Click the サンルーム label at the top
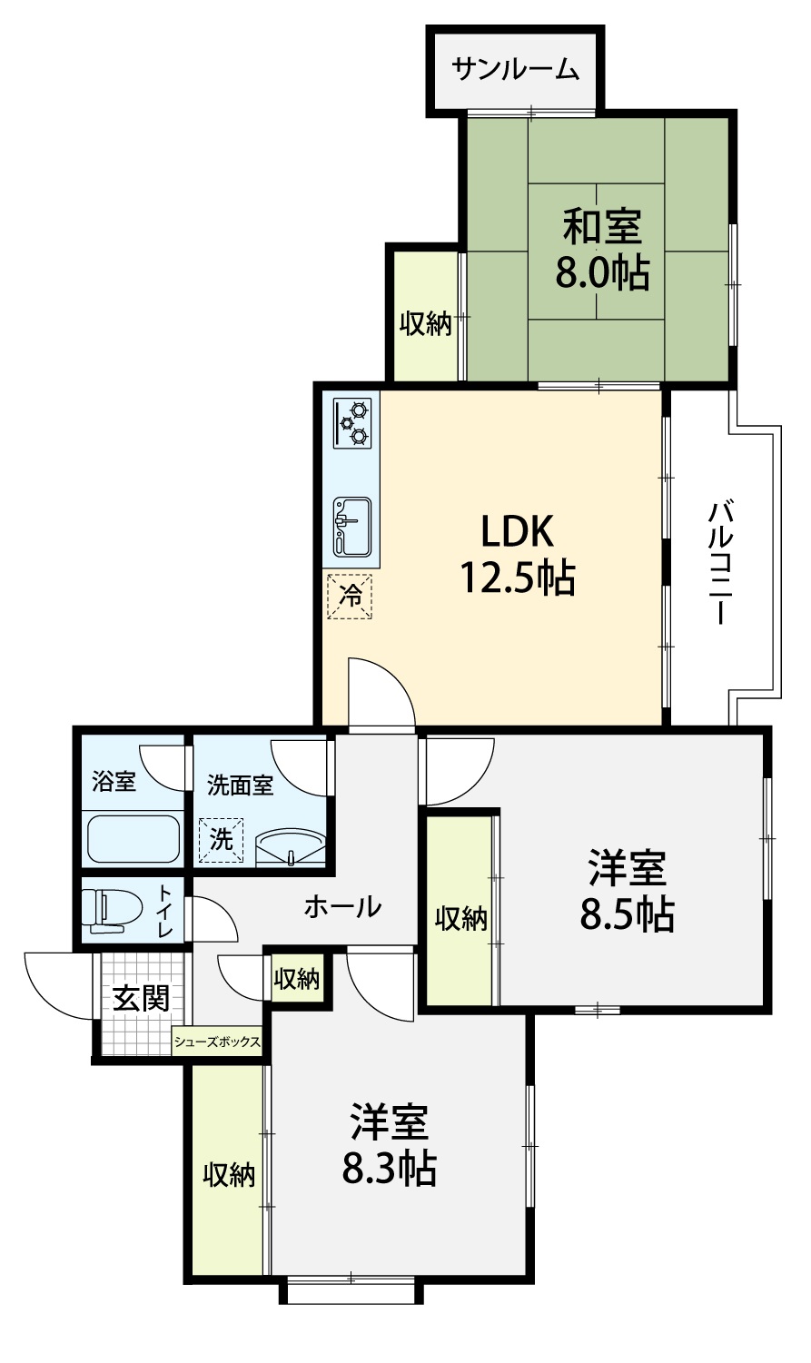click(516, 70)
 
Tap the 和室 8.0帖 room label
click(602, 249)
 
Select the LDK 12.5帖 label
click(517, 554)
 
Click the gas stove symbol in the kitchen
click(352, 423)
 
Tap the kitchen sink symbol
click(352, 527)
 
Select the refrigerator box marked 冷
click(350, 597)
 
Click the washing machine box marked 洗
click(221, 840)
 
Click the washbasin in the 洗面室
click(291, 847)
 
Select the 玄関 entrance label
click(141, 998)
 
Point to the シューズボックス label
click(217, 1042)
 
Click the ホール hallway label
click(342, 907)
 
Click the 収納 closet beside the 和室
click(426, 323)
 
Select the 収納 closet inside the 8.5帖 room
click(461, 918)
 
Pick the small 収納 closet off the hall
click(296, 979)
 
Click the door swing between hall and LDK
click(381, 692)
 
